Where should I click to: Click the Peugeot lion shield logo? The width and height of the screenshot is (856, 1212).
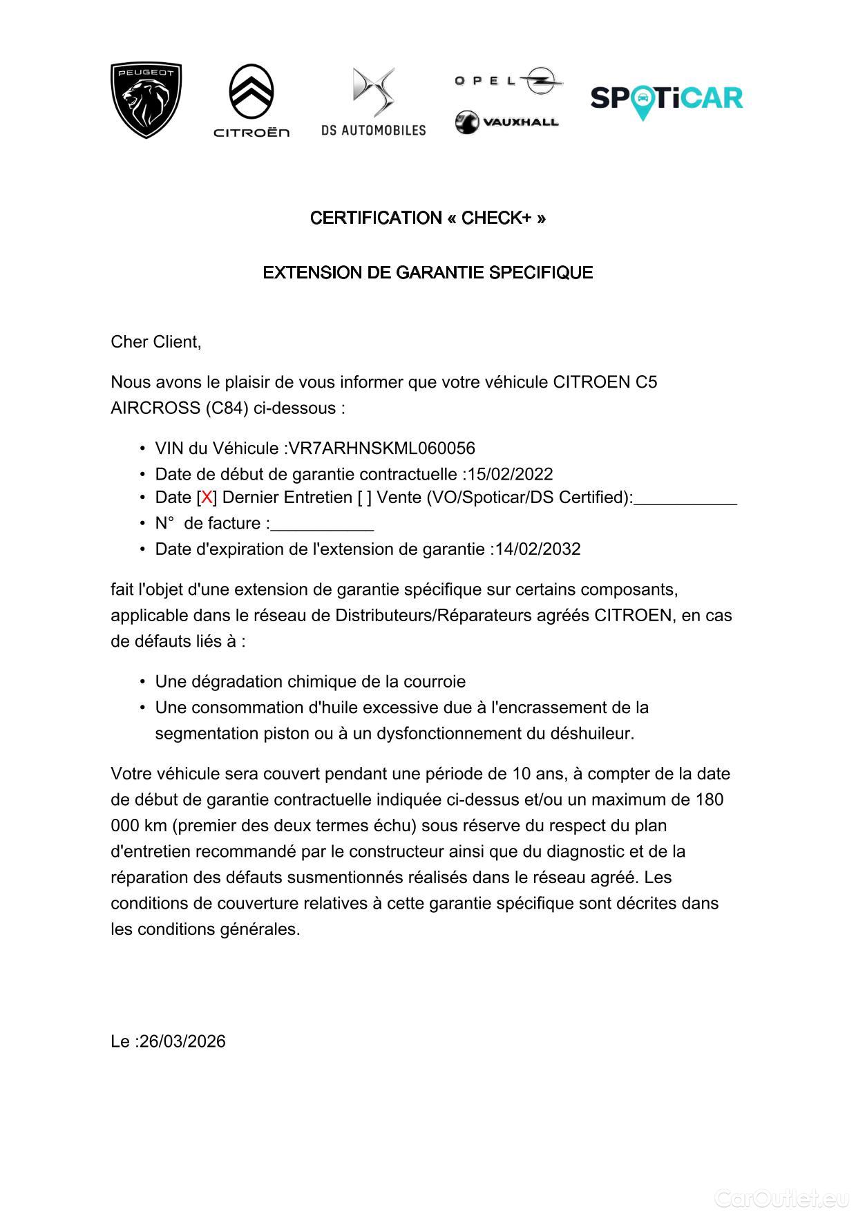(x=146, y=100)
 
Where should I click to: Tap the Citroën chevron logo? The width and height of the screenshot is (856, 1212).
(x=251, y=100)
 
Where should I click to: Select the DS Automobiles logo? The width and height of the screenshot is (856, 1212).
(x=373, y=101)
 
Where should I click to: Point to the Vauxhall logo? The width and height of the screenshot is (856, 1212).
(x=506, y=122)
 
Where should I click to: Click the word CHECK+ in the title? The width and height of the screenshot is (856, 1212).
(x=496, y=218)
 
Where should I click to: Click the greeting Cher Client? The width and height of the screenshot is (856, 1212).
(x=156, y=342)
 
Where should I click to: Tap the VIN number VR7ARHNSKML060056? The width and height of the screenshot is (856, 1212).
(x=381, y=448)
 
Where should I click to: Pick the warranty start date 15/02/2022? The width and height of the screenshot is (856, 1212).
(x=510, y=475)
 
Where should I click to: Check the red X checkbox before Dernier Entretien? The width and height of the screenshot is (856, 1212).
(x=207, y=498)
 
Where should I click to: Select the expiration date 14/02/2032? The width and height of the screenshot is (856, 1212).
(x=538, y=549)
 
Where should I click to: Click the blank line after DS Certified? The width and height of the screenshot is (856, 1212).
(x=685, y=501)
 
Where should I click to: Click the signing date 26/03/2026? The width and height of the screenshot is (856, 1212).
(x=182, y=1041)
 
